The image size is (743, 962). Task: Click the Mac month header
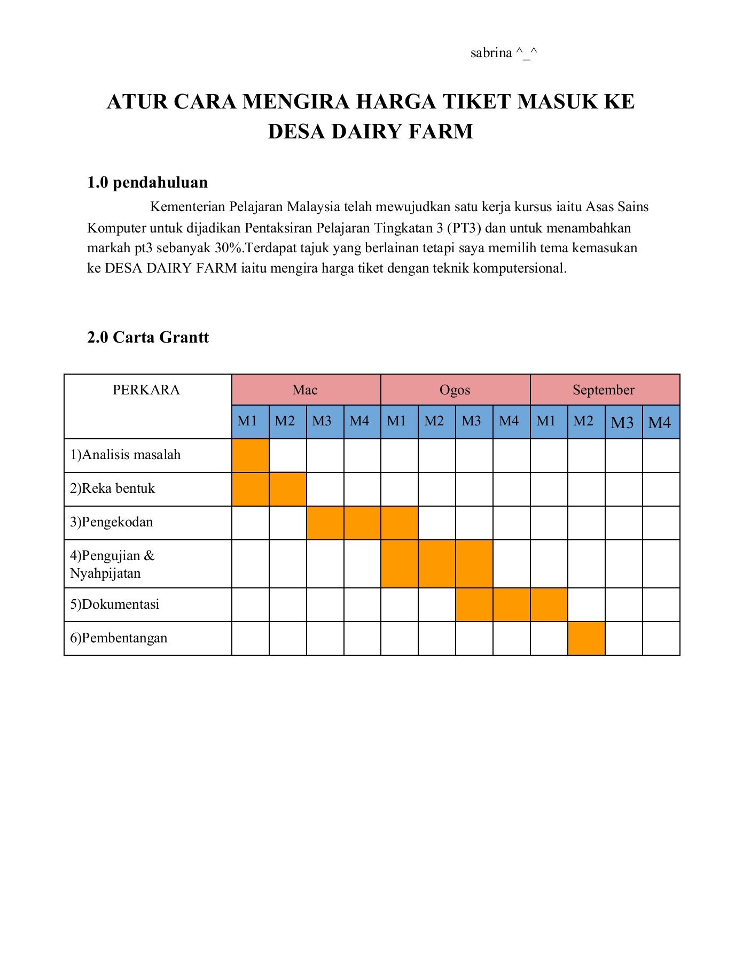[305, 390]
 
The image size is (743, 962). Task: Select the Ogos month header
[455, 390]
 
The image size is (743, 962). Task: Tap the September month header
[604, 390]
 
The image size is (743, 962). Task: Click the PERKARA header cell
[146, 390]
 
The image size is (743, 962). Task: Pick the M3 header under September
[622, 423]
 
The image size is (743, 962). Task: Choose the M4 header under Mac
[359, 421]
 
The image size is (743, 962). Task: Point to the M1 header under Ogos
[397, 421]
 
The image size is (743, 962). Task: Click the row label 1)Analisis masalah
[126, 455]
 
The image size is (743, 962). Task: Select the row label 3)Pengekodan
[112, 522]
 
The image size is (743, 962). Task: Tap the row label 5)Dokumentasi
[115, 604]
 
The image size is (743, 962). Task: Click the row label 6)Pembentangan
[119, 638]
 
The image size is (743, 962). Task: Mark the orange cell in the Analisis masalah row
[251, 455]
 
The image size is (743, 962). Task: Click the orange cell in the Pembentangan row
[586, 638]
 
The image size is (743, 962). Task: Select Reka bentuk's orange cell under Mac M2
[287, 489]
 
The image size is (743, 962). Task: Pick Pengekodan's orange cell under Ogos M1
[399, 523]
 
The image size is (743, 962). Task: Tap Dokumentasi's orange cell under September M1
[549, 604]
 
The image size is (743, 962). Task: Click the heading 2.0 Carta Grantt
[148, 337]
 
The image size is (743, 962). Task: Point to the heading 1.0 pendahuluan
[147, 183]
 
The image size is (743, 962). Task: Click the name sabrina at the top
[491, 53]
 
